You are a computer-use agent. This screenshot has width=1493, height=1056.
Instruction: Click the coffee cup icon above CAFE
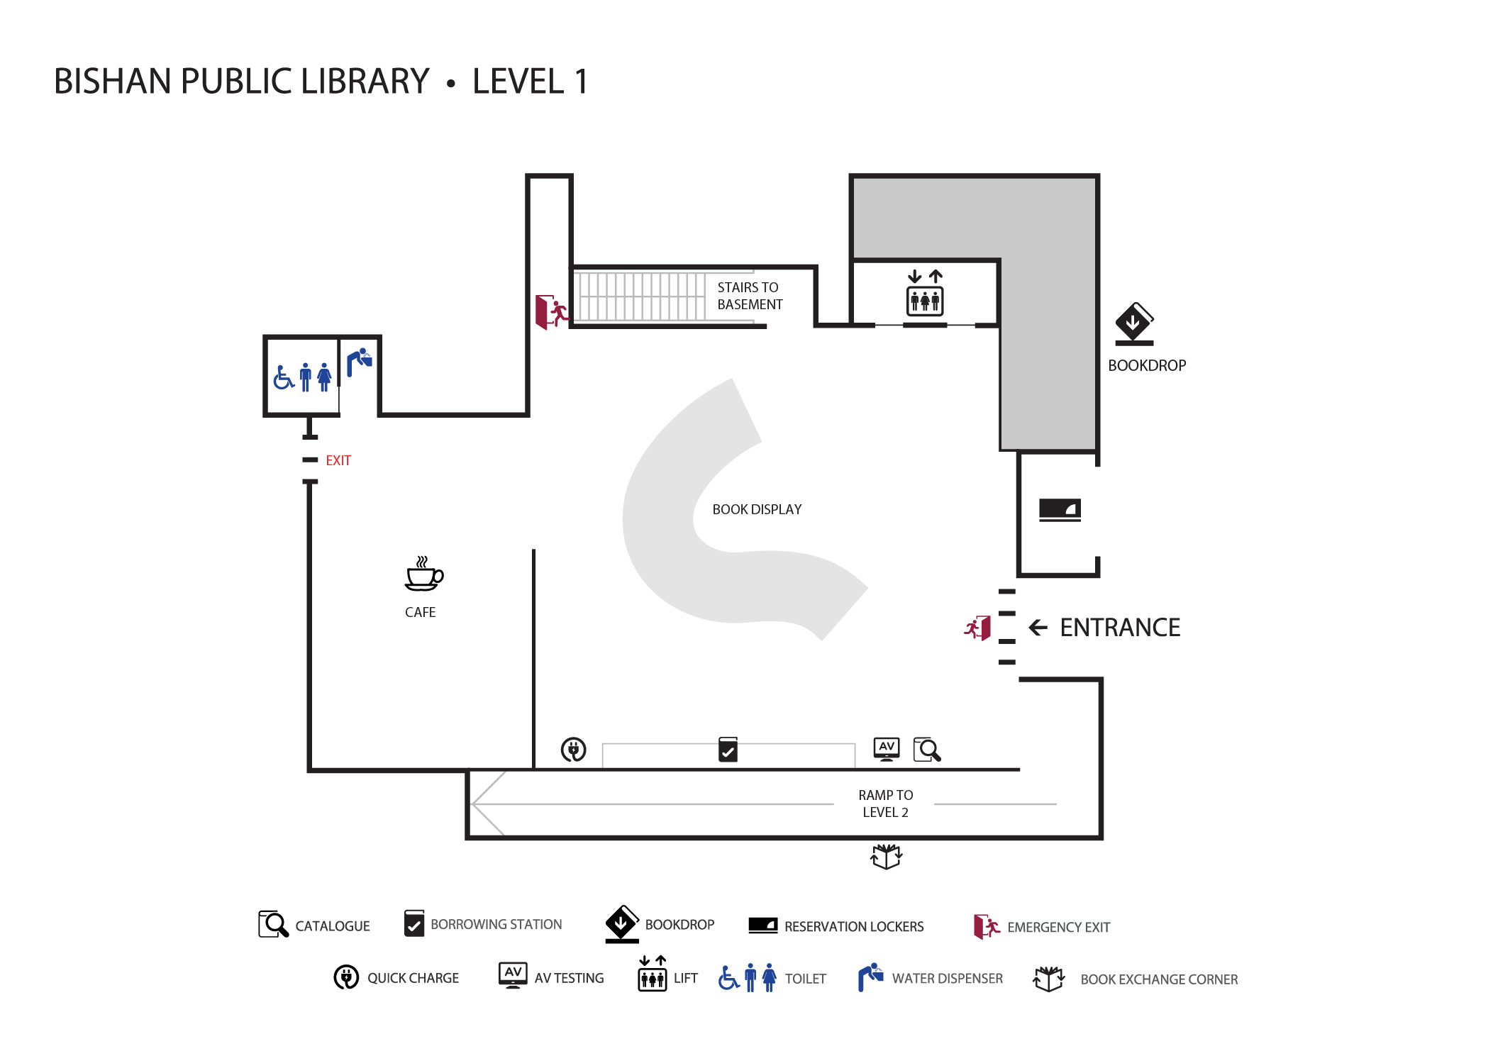click(x=423, y=574)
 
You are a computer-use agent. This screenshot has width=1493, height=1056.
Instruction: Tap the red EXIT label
click(x=338, y=460)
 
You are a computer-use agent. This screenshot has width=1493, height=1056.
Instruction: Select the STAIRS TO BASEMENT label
click(x=749, y=296)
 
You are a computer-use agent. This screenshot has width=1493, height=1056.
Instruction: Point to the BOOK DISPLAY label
click(x=757, y=509)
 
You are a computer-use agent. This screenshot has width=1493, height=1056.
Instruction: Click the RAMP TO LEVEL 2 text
click(x=885, y=804)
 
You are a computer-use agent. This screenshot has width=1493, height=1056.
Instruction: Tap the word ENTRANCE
click(x=1119, y=628)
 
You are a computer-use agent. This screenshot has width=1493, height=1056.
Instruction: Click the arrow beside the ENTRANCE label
click(x=1038, y=628)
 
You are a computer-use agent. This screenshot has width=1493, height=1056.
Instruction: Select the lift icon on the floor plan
click(x=925, y=293)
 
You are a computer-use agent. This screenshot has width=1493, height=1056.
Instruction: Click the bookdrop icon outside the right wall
click(x=1134, y=324)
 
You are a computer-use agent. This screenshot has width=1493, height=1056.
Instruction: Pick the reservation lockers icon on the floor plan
click(x=1060, y=509)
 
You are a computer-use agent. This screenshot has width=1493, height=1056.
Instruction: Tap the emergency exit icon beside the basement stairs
click(x=552, y=312)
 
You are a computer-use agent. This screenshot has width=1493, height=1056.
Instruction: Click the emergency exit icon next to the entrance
click(x=977, y=628)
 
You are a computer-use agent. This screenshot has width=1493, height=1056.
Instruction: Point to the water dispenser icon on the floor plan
click(x=360, y=362)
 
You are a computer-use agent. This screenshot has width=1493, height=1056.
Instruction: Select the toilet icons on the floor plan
click(x=303, y=377)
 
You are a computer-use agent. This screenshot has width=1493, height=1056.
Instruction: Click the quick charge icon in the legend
click(x=346, y=977)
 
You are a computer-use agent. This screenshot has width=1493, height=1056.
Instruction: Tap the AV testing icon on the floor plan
click(x=887, y=748)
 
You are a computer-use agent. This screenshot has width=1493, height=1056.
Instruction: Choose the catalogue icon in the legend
click(x=273, y=925)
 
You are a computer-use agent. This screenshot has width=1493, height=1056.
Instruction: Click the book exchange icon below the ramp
click(x=886, y=856)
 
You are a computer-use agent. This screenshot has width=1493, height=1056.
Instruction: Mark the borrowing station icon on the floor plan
click(x=728, y=749)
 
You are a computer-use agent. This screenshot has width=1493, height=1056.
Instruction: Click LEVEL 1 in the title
click(x=530, y=81)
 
